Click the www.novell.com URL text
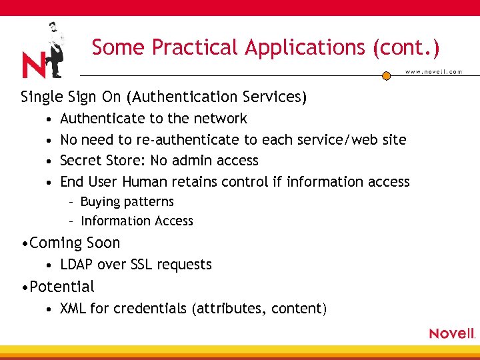[x=433, y=72]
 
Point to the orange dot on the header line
[x=386, y=76]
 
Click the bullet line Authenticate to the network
[x=153, y=119]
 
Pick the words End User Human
[x=113, y=182]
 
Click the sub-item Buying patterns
[x=127, y=202]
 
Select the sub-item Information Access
[x=137, y=221]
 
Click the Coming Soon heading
[x=75, y=243]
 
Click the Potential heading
[x=62, y=287]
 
